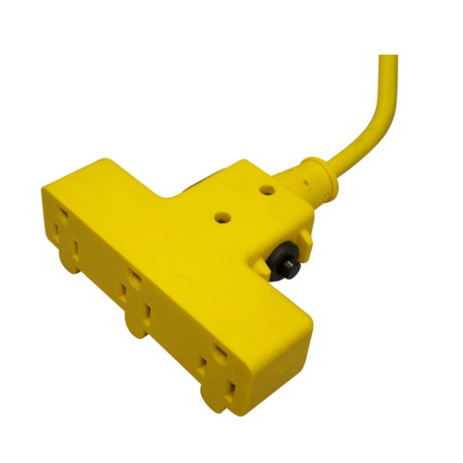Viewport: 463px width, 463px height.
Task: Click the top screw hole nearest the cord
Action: pos(269,190)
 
